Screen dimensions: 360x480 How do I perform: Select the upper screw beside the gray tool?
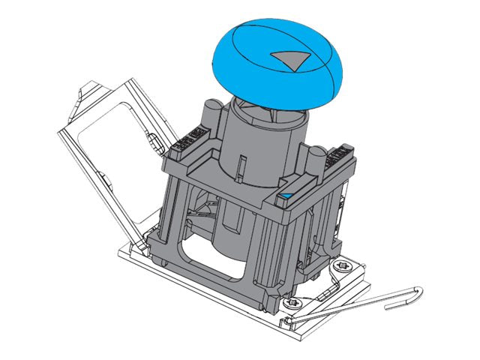pos(343,266)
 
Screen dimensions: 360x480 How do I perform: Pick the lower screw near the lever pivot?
pos(292,302)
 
